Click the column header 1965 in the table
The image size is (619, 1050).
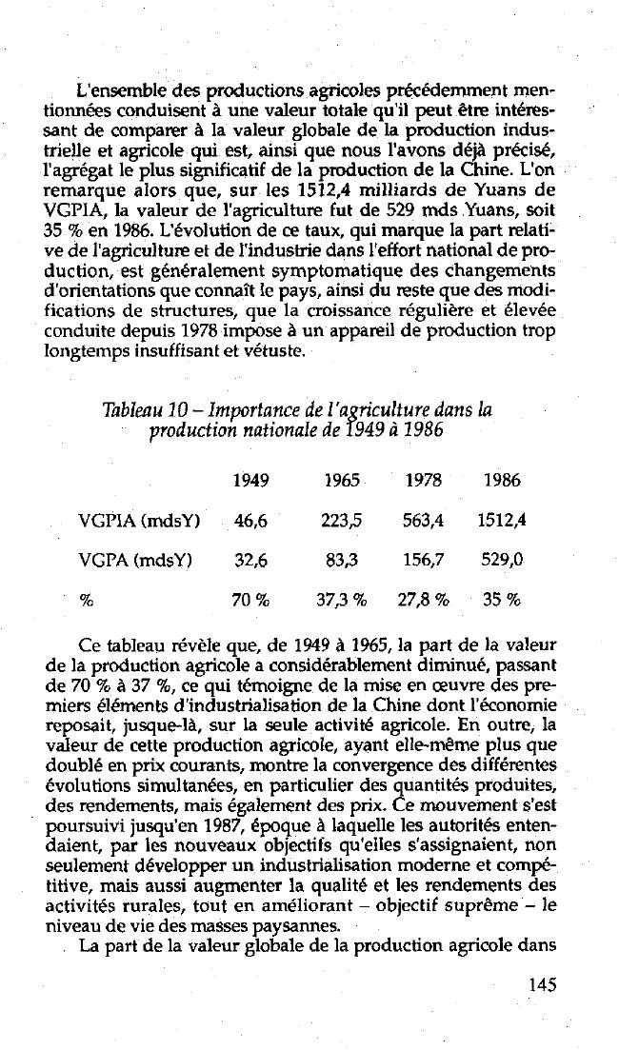point(340,481)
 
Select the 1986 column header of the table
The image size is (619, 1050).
point(501,481)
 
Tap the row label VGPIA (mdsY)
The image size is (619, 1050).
point(139,520)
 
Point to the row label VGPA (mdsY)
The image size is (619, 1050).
point(135,561)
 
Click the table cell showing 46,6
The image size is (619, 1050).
point(250,520)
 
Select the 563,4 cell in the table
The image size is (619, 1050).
point(422,520)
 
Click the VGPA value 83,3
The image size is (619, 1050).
point(340,561)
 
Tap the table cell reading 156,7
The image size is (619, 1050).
point(422,561)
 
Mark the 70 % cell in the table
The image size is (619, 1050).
point(251,601)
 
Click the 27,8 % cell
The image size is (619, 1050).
point(423,601)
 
